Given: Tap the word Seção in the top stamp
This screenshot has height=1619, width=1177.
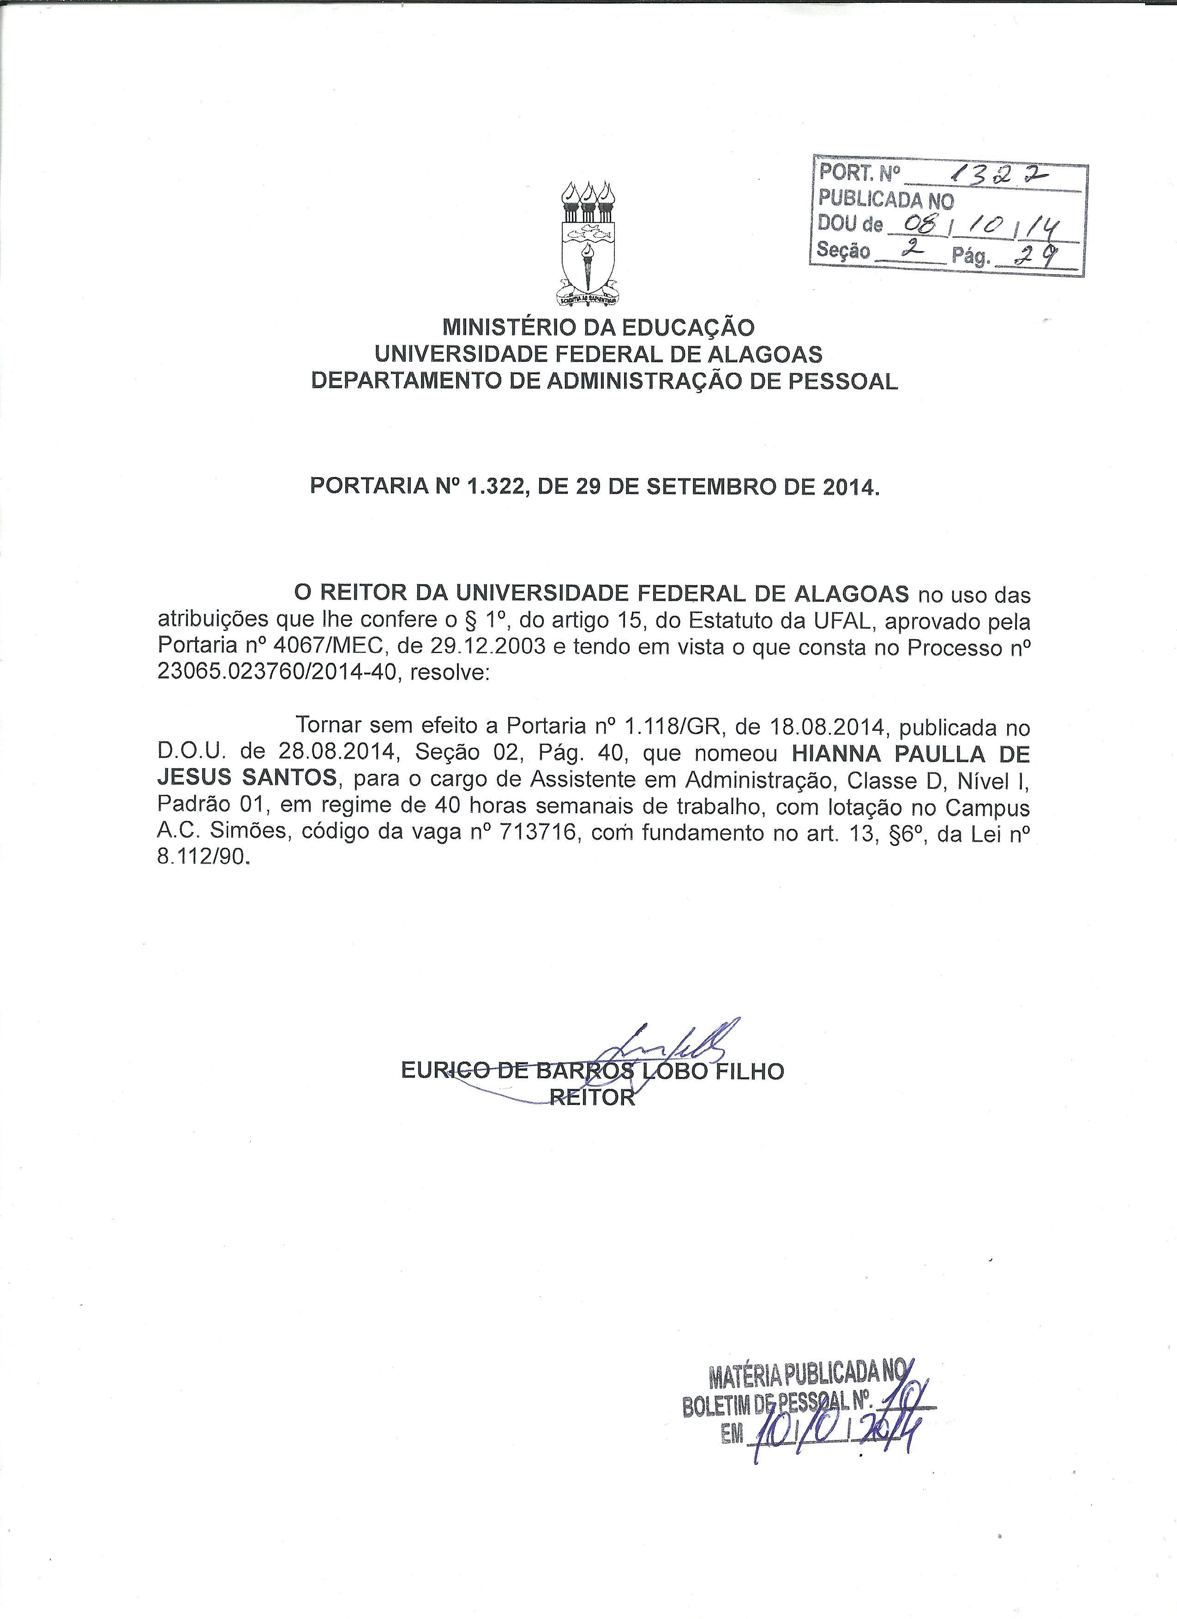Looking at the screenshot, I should click(x=844, y=251).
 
